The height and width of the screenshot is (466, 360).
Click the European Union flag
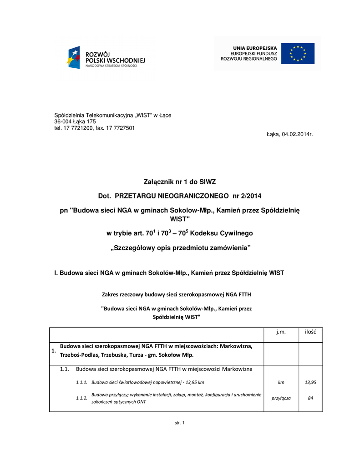(298, 53)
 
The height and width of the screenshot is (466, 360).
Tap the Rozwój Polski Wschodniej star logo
(74, 58)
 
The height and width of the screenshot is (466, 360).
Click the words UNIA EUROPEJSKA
(255, 48)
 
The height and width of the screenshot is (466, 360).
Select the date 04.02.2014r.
(297, 134)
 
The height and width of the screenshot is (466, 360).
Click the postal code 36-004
(63, 122)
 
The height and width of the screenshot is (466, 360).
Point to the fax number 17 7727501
(120, 128)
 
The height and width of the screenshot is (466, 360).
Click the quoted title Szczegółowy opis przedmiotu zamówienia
(181, 248)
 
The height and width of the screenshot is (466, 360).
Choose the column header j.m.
(281, 332)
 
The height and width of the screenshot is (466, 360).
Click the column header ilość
(310, 332)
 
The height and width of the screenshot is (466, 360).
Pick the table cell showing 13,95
(310, 382)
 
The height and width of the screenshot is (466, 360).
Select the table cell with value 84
(310, 398)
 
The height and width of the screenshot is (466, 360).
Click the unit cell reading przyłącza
(281, 398)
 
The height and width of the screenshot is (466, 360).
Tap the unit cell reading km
(281, 382)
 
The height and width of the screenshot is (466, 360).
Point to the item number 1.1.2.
(81, 398)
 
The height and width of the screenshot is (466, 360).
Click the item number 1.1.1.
(81, 382)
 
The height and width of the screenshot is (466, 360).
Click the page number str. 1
(180, 424)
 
